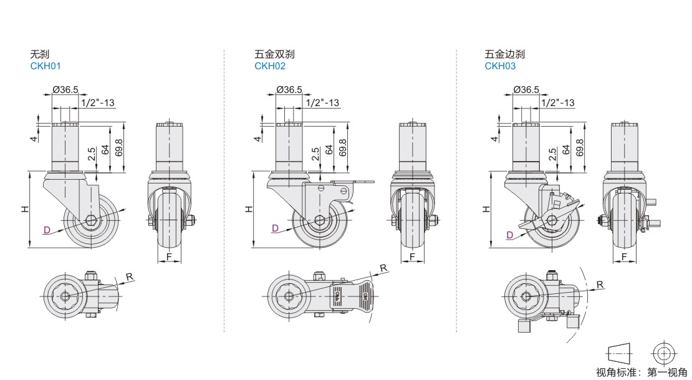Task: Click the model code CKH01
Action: pyautogui.click(x=46, y=66)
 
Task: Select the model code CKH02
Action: pyautogui.click(x=270, y=66)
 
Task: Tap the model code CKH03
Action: pyautogui.click(x=500, y=66)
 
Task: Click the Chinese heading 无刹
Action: pyautogui.click(x=40, y=55)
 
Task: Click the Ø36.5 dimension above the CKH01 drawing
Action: pyautogui.click(x=65, y=90)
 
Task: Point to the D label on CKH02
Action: pyautogui.click(x=275, y=229)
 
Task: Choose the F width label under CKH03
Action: pyautogui.click(x=624, y=257)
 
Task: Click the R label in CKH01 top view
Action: pyautogui.click(x=129, y=276)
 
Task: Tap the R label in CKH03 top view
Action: pyautogui.click(x=600, y=285)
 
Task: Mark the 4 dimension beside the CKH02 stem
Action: pyautogui.click(x=257, y=138)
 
